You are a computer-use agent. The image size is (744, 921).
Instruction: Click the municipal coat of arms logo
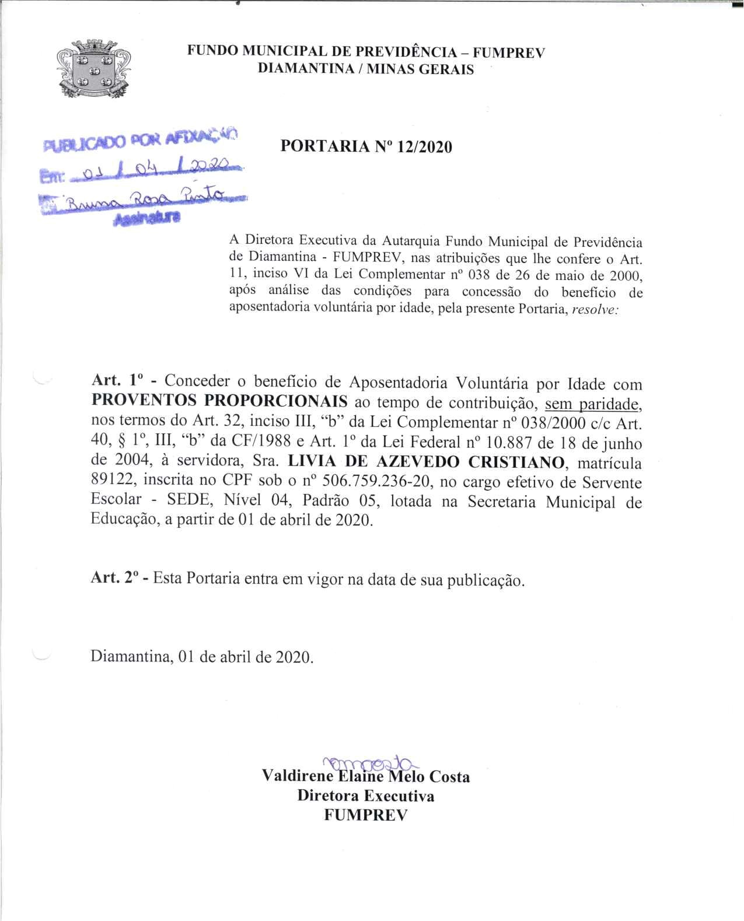[x=93, y=68]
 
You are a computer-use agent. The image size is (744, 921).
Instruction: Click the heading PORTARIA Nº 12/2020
[x=366, y=146]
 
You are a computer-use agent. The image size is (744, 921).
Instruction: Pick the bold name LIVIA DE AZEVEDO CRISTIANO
[x=427, y=462]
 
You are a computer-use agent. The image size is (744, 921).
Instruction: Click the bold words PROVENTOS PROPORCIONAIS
[x=219, y=401]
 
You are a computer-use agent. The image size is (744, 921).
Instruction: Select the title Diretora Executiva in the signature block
[x=365, y=796]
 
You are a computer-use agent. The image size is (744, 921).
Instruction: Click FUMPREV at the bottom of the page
[x=365, y=815]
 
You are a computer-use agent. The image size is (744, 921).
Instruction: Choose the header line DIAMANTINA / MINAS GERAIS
[x=366, y=69]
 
